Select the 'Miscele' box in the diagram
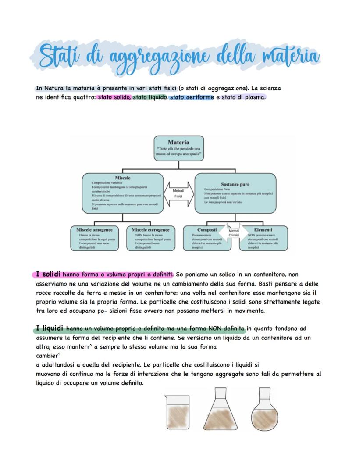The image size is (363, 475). coord(123,193)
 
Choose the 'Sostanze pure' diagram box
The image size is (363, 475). coord(235,193)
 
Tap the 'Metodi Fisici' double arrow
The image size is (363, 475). coord(178,193)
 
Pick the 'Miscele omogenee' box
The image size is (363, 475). coord(95,238)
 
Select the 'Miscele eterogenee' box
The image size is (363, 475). coord(150,238)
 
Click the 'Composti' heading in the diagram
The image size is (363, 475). coord(207,230)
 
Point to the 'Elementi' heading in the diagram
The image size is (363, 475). coord(263,230)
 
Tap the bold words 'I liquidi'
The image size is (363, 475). coord(50,328)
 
